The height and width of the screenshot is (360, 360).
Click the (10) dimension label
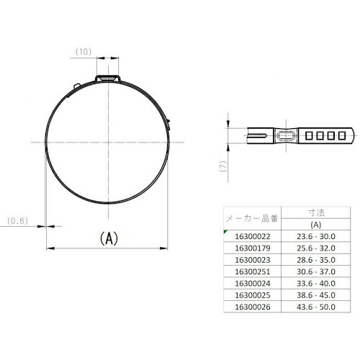click(84, 52)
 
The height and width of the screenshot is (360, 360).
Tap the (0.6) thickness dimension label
click(17, 221)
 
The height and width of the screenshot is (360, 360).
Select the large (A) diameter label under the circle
click(109, 238)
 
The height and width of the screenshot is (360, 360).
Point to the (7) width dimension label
click(223, 166)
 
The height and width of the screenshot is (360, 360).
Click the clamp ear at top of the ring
click(108, 78)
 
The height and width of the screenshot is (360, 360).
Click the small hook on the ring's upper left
click(77, 86)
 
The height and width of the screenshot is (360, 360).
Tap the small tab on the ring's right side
click(168, 125)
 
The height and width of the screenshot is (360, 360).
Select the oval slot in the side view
click(286, 135)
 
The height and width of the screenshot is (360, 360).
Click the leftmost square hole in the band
click(309, 135)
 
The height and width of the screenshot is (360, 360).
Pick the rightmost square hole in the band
click(342, 135)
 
